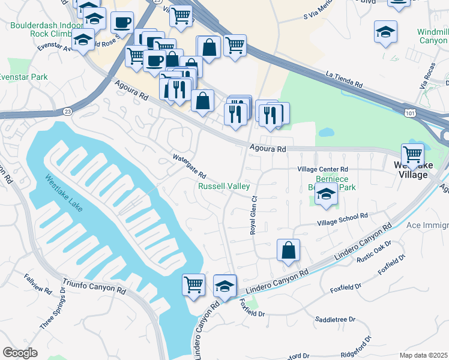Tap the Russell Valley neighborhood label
pos(224,187)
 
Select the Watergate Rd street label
pos(189,167)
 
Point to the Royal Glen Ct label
pos(254,207)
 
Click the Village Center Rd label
pos(323,170)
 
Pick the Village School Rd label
pos(342,220)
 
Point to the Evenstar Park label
pos(23,77)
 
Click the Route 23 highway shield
pos(67,111)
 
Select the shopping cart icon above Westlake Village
pos(412,154)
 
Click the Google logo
pos(20,352)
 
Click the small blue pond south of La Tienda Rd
pos(327,132)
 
